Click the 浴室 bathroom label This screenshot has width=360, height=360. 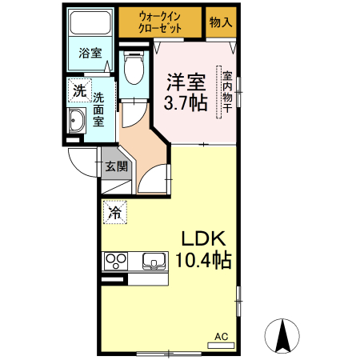[x=90, y=54]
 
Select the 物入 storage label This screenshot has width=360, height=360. [x=220, y=22]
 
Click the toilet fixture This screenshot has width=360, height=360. [x=134, y=67]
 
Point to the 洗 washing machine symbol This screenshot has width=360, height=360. [x=78, y=90]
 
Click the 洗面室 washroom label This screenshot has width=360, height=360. [x=98, y=110]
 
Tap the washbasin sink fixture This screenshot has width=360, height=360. [x=78, y=123]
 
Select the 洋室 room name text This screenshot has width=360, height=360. [x=186, y=82]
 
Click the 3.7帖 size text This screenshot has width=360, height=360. [x=186, y=102]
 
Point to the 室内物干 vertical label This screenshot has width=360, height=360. [x=227, y=91]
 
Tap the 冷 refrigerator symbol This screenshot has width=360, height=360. [x=115, y=212]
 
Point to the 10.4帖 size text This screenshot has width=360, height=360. [x=204, y=260]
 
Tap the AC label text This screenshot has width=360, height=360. [x=221, y=336]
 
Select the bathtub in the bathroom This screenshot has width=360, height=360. [x=90, y=22]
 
